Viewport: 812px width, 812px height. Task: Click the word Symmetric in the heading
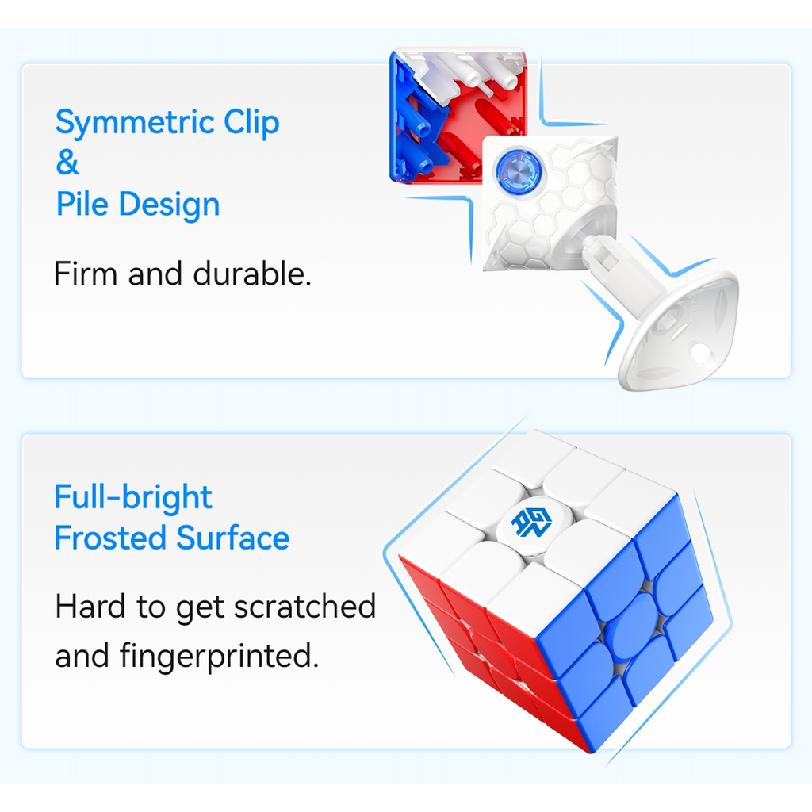pos(134,124)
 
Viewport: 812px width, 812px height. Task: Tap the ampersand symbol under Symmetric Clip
pos(67,163)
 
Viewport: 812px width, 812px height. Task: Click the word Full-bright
pos(133,498)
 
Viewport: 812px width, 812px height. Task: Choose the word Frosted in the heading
pos(110,538)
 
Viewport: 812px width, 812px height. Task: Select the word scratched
pos(305,607)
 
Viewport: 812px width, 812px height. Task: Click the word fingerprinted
pos(219,657)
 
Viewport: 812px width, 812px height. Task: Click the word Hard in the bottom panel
pos(90,607)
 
